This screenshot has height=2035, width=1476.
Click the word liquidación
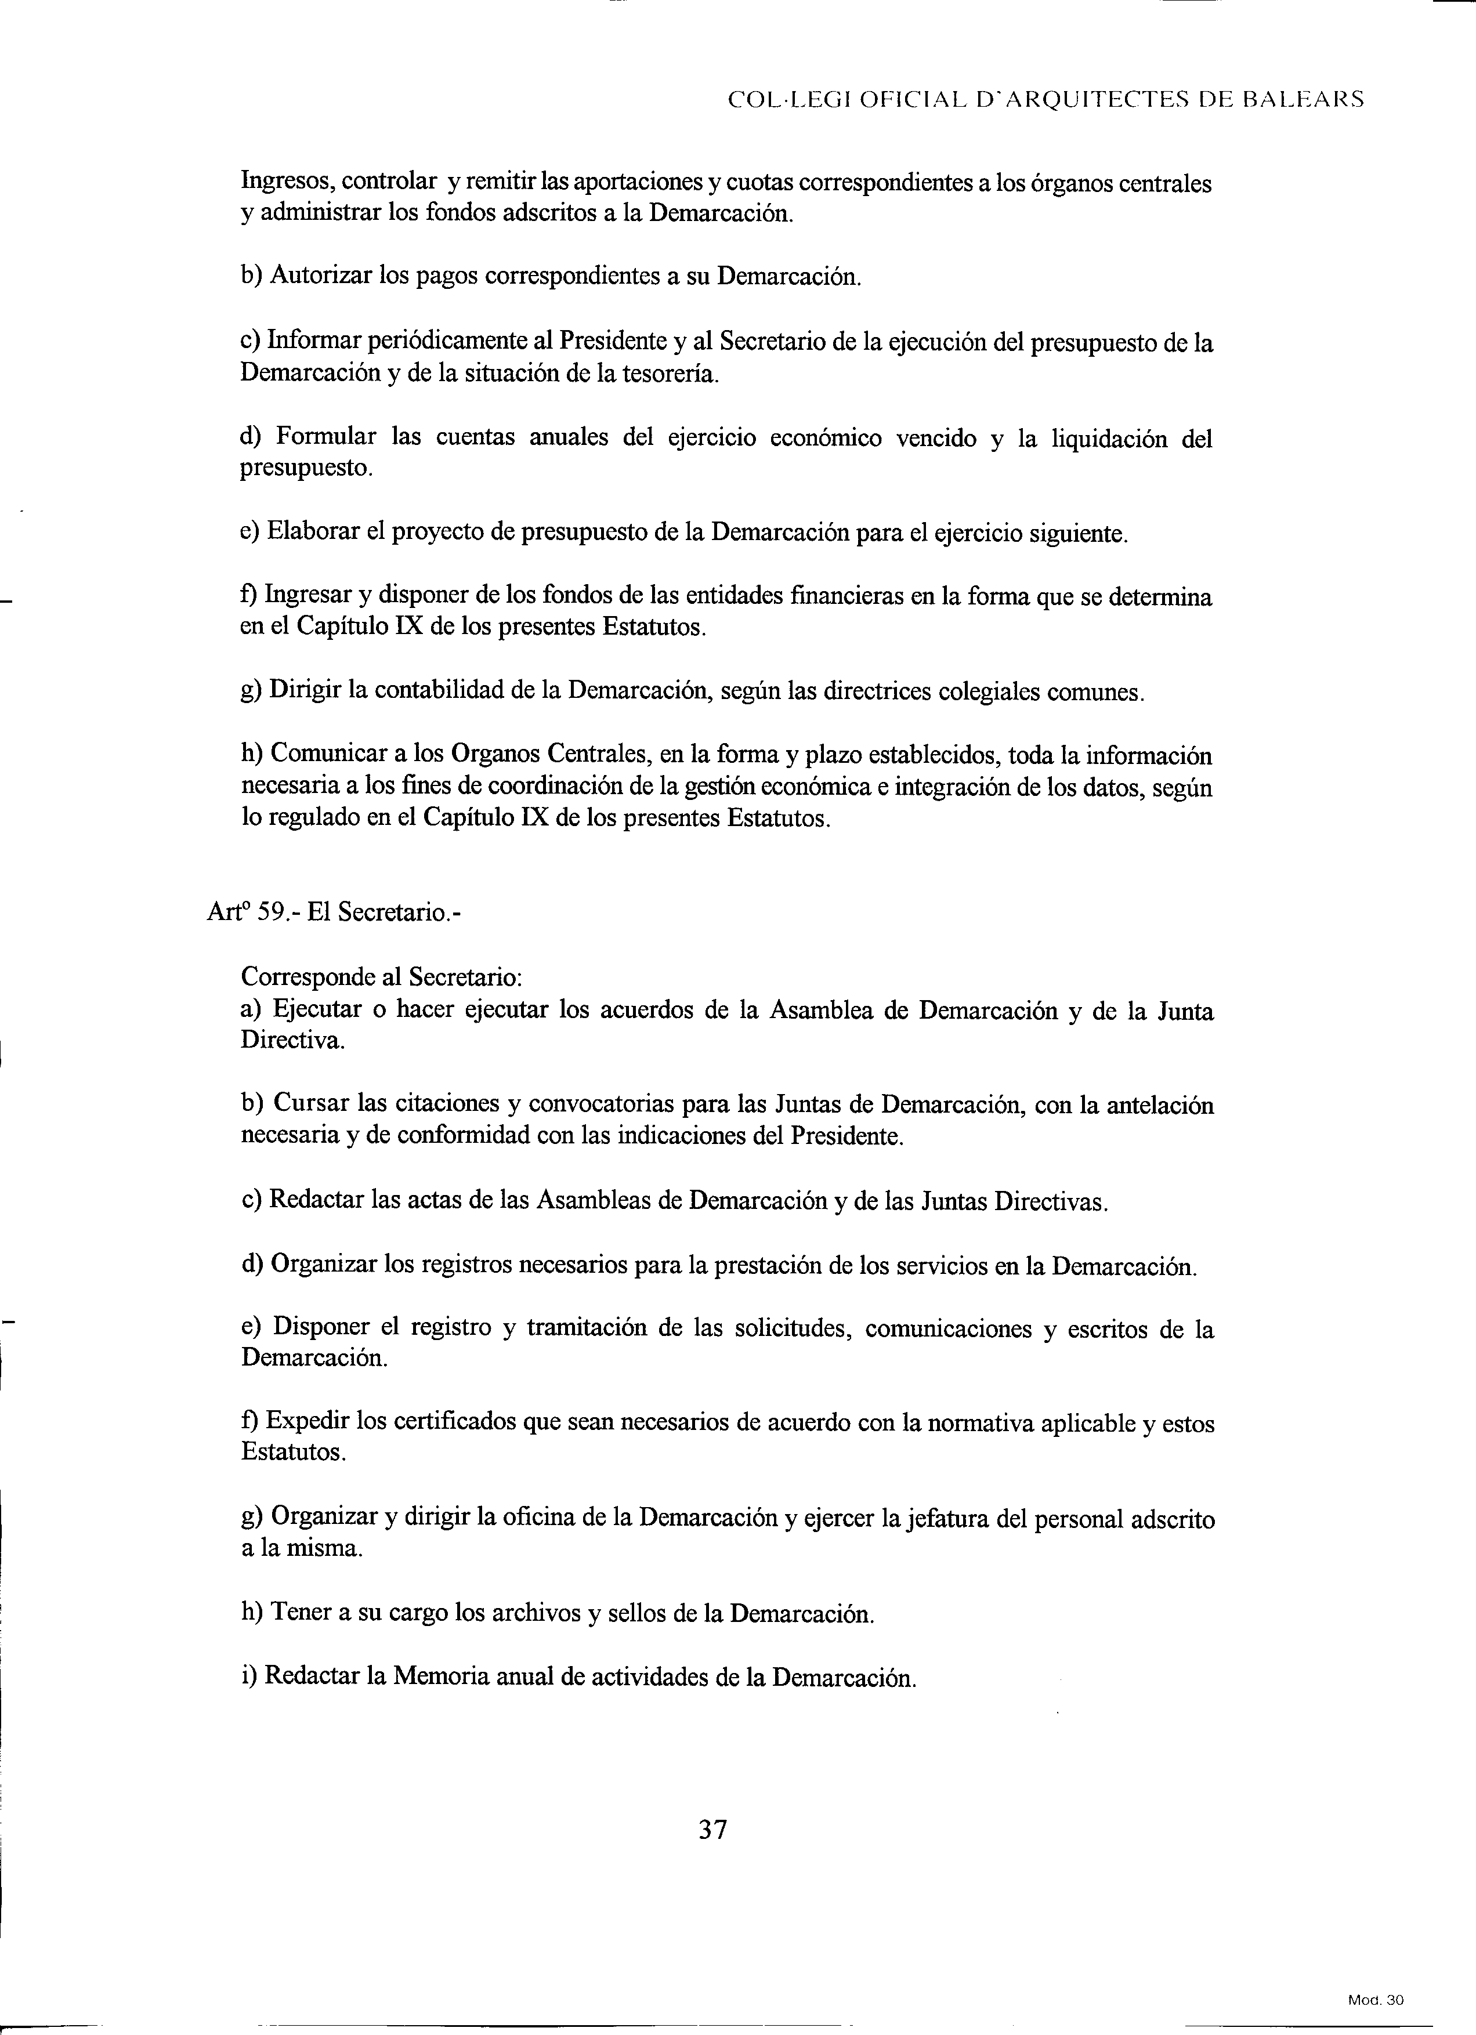1106,439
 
